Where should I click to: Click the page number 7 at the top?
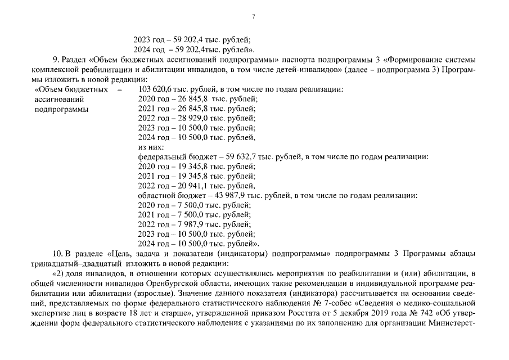[x=254, y=17]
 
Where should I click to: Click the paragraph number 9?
[x=54, y=60]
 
